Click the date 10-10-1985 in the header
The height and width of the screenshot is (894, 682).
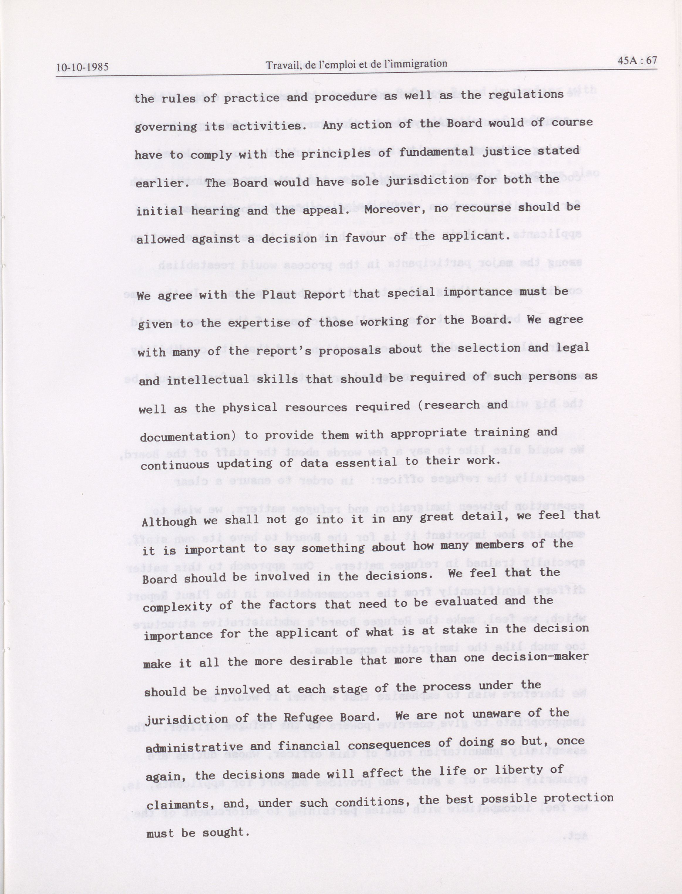tap(82, 67)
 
